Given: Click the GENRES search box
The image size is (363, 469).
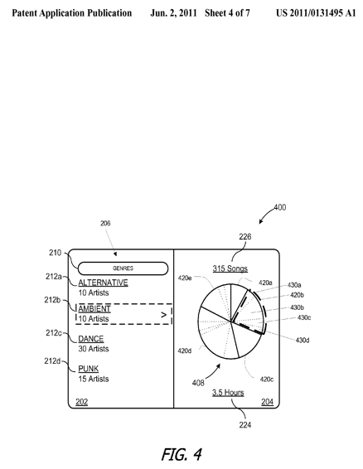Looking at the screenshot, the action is pyautogui.click(x=123, y=268).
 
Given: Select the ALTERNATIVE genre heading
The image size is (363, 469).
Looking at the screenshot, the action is pyautogui.click(x=104, y=283).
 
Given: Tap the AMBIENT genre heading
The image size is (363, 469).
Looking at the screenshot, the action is pyautogui.click(x=94, y=309).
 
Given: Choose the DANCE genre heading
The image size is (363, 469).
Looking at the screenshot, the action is pyautogui.click(x=91, y=339).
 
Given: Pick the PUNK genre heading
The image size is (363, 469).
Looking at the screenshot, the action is pyautogui.click(x=89, y=369).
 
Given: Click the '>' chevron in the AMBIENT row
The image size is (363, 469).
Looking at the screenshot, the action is pyautogui.click(x=163, y=314).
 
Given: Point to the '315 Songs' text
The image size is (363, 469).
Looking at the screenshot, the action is pyautogui.click(x=230, y=268).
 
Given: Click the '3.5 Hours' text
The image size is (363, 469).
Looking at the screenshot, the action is pyautogui.click(x=228, y=393).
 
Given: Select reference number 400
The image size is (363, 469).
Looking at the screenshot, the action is pyautogui.click(x=280, y=207).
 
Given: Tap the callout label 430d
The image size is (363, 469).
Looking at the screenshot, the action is pyautogui.click(x=302, y=340).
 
